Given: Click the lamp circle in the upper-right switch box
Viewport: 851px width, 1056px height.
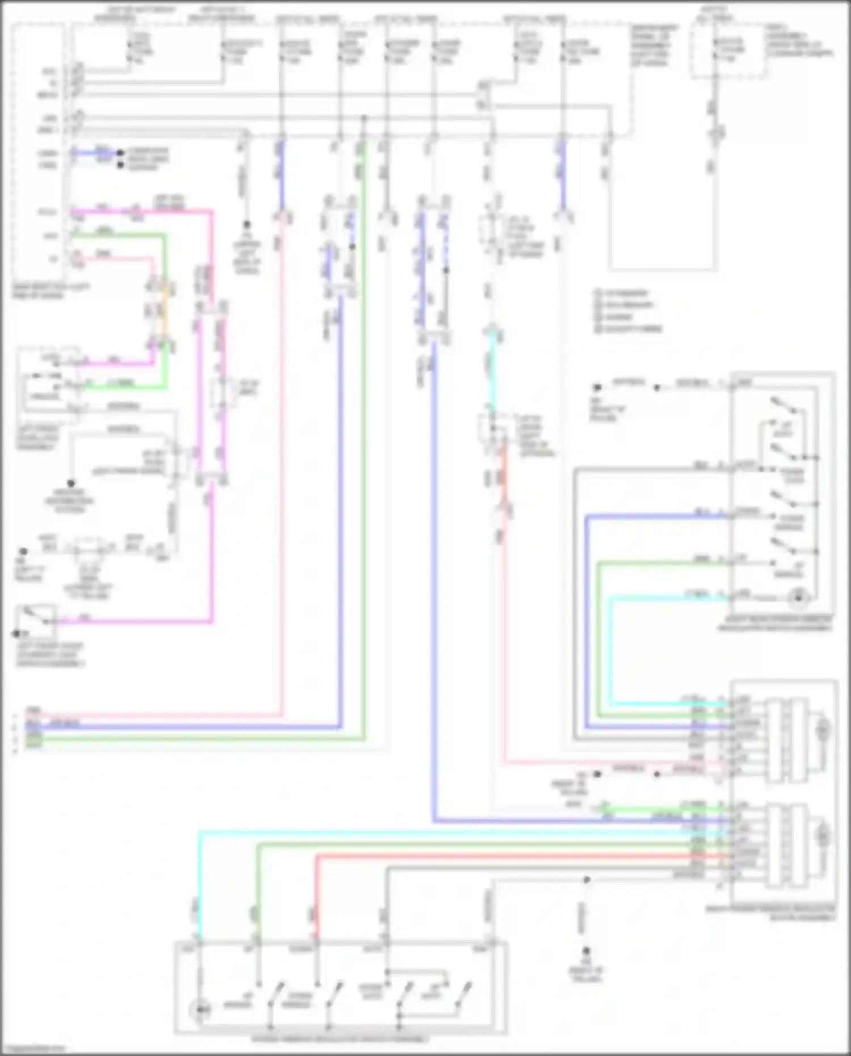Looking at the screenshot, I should point(798,598).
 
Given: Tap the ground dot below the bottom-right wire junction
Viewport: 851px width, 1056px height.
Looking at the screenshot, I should point(586,951).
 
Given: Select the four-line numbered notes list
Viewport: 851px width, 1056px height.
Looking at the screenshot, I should point(627,311).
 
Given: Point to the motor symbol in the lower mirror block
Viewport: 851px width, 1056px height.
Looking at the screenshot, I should point(822,836).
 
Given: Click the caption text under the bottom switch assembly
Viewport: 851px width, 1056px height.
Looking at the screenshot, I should point(340,1040).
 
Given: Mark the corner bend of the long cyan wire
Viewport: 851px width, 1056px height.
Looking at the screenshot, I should point(200,832).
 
